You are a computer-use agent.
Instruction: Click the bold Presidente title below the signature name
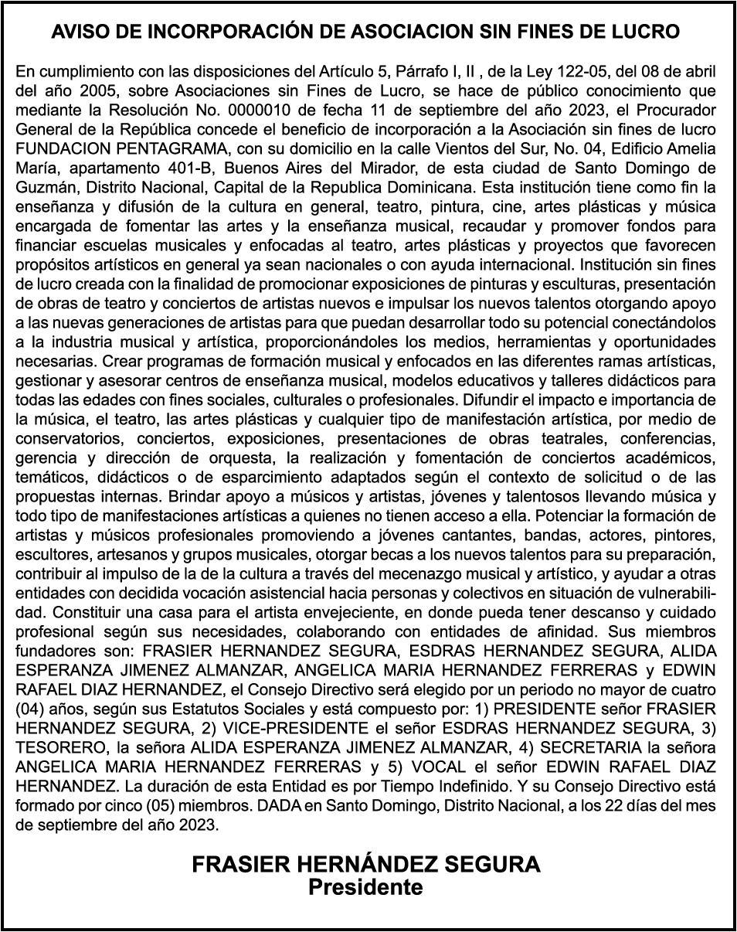click(365, 887)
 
